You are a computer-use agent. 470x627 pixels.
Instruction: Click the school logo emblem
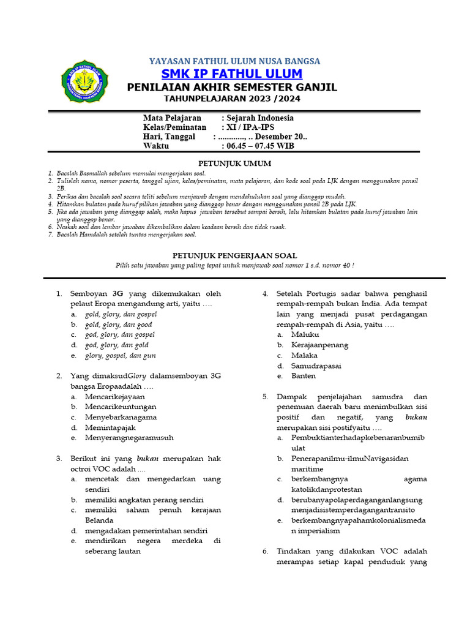pyautogui.click(x=84, y=83)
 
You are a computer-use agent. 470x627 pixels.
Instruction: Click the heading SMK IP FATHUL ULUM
pyautogui.click(x=231, y=74)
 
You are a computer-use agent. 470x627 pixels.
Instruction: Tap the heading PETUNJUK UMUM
pyautogui.click(x=234, y=163)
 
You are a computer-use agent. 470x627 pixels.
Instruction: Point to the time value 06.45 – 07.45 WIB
pyautogui.click(x=258, y=146)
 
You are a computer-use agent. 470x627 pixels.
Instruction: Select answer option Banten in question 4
pyautogui.click(x=304, y=376)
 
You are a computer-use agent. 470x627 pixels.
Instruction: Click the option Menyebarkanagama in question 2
pyautogui.click(x=121, y=417)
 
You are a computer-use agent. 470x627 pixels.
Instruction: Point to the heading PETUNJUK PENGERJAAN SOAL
pyautogui.click(x=234, y=255)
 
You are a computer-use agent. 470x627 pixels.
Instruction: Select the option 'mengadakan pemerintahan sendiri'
pyautogui.click(x=146, y=531)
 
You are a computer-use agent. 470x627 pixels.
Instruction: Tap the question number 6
pyautogui.click(x=266, y=551)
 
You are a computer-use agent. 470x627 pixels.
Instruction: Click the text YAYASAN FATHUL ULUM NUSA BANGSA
pyautogui.click(x=234, y=61)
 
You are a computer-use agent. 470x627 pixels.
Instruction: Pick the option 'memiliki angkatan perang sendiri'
pyautogui.click(x=144, y=500)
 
